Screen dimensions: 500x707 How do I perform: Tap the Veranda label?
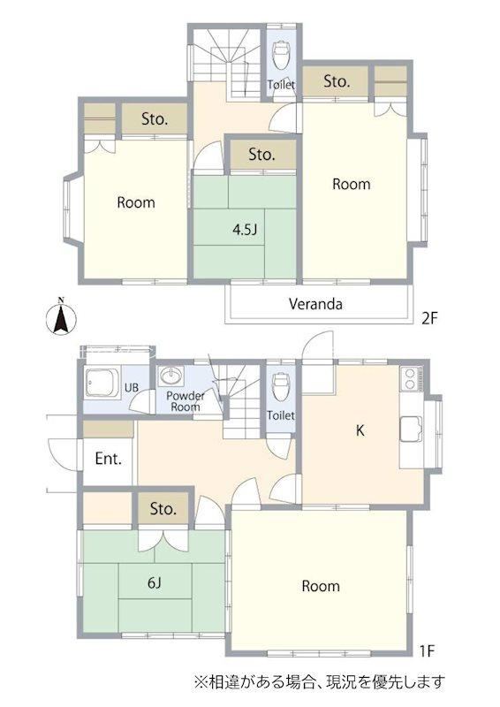[x=315, y=304]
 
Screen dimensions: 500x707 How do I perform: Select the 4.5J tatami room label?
[x=245, y=230]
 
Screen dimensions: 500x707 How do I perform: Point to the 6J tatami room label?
[x=155, y=583]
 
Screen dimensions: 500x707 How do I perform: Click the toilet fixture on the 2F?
[x=281, y=55]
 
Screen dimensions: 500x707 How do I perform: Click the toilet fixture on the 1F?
[x=280, y=386]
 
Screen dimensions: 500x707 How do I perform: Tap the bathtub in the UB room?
[x=102, y=384]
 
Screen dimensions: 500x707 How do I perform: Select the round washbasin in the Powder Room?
[x=171, y=375]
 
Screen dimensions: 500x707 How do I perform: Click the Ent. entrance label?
[x=108, y=459]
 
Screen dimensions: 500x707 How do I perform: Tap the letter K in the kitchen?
[x=360, y=430]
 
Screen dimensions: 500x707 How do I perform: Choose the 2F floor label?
[x=429, y=319]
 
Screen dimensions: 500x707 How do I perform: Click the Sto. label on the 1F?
[x=163, y=509]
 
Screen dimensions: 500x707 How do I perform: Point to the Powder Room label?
[x=186, y=401]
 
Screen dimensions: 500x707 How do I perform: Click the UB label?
[x=132, y=387]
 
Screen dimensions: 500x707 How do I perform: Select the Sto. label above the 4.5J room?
[x=262, y=155]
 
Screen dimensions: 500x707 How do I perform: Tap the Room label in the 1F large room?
[x=321, y=586]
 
